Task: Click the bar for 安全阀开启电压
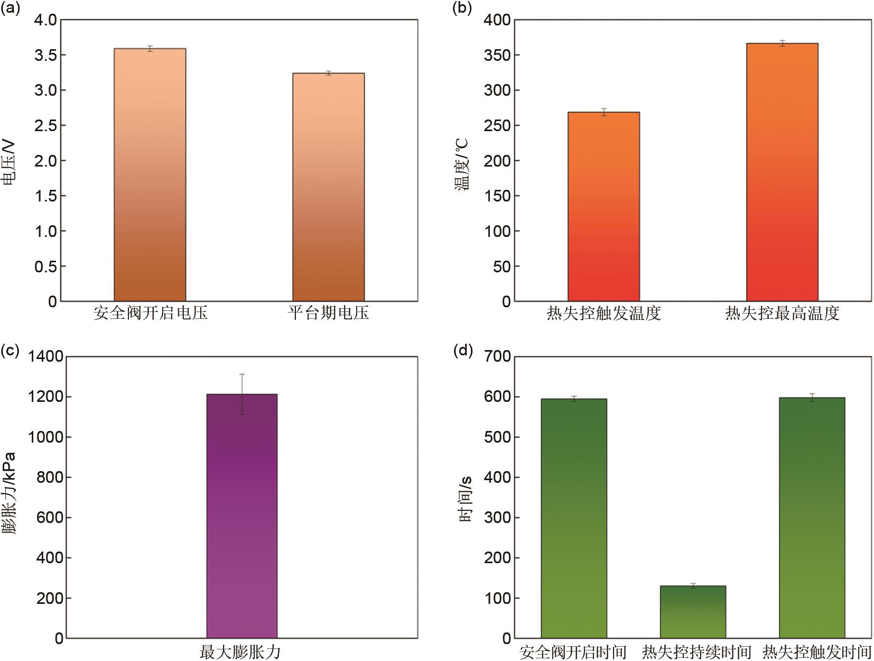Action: coord(150,175)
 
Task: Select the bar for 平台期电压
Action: coord(328,187)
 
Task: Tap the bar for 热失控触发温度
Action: coord(603,206)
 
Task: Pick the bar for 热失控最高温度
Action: coord(782,172)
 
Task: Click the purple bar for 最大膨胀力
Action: coord(242,516)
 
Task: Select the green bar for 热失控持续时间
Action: coord(693,612)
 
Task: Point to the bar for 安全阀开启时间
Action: coord(574,518)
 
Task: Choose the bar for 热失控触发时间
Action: coord(812,518)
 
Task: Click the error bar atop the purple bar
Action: coord(242,394)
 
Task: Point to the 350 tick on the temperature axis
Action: coord(497,55)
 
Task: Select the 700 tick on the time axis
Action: coord(497,357)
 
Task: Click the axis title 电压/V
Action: coord(9,161)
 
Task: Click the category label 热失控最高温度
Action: coord(782,313)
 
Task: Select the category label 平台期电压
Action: coord(328,313)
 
